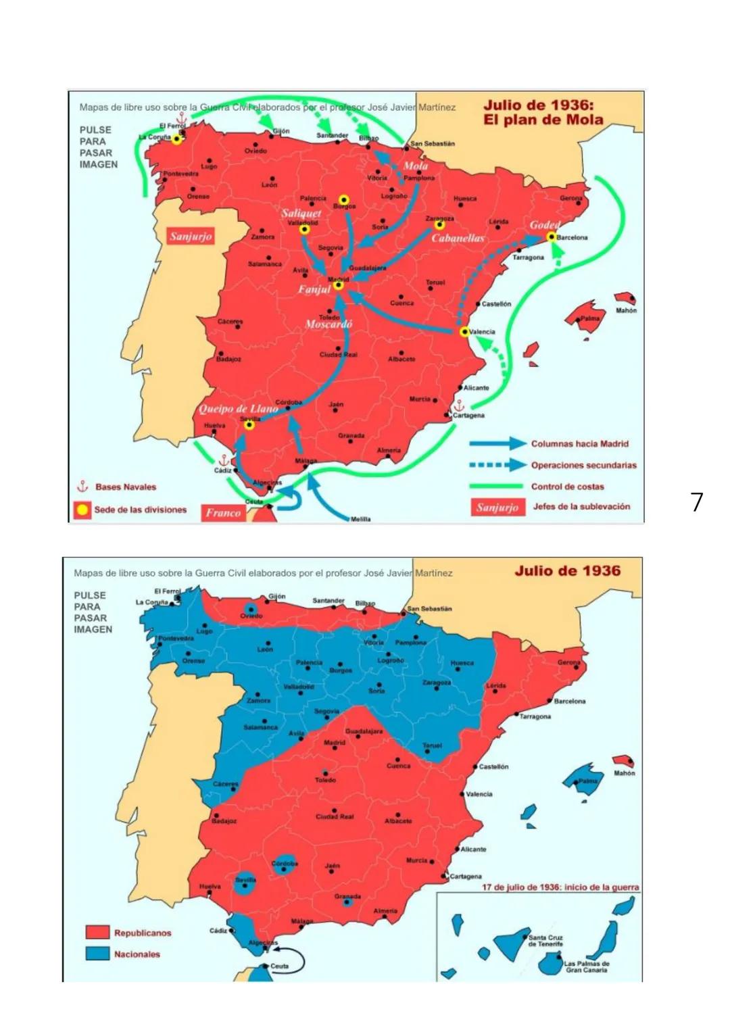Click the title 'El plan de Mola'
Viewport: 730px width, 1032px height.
tap(543, 120)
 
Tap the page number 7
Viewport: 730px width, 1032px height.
tap(697, 502)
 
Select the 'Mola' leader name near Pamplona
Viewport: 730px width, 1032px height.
tap(415, 166)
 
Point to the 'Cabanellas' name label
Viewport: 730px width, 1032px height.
tap(458, 238)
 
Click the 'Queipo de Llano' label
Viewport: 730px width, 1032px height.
tap(238, 409)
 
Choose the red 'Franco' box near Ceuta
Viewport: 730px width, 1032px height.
tap(223, 513)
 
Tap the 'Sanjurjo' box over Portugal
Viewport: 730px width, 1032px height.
tap(191, 236)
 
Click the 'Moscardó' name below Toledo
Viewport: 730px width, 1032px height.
tap(328, 324)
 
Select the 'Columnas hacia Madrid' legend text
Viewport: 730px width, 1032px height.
tap(579, 444)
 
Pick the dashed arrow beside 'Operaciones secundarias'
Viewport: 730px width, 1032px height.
tap(497, 465)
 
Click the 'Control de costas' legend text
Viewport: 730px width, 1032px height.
tap(567, 487)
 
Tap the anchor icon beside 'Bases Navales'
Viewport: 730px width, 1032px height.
tap(82, 487)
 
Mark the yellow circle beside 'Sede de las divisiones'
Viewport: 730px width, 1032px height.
tap(82, 510)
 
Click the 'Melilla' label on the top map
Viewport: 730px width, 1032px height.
tap(360, 519)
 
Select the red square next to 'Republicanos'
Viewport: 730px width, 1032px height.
tap(97, 933)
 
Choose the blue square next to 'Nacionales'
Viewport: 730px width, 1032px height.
tap(97, 954)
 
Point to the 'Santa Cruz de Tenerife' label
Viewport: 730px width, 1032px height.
tap(545, 941)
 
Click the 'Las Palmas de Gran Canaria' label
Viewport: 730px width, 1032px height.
tap(586, 966)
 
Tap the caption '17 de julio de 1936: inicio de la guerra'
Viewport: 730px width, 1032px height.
tap(560, 887)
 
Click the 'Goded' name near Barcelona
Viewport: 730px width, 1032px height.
tap(544, 225)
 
